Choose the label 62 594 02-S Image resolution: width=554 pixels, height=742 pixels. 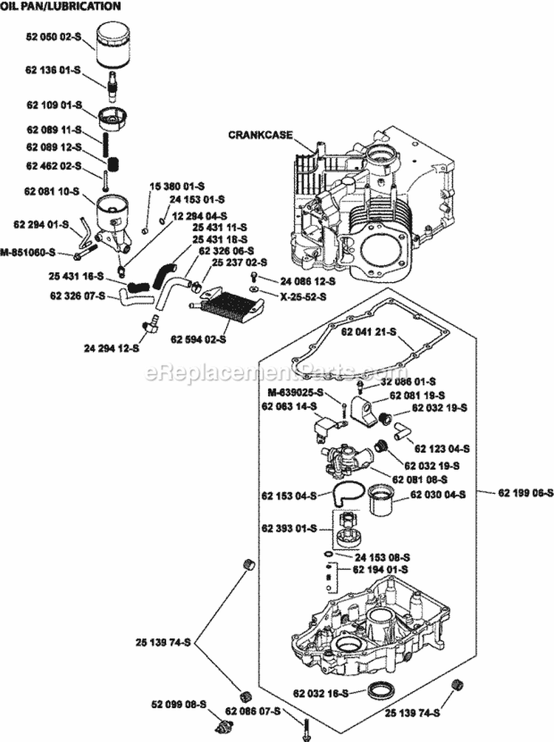[x=199, y=340]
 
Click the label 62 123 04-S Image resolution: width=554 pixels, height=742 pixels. [x=442, y=448]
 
